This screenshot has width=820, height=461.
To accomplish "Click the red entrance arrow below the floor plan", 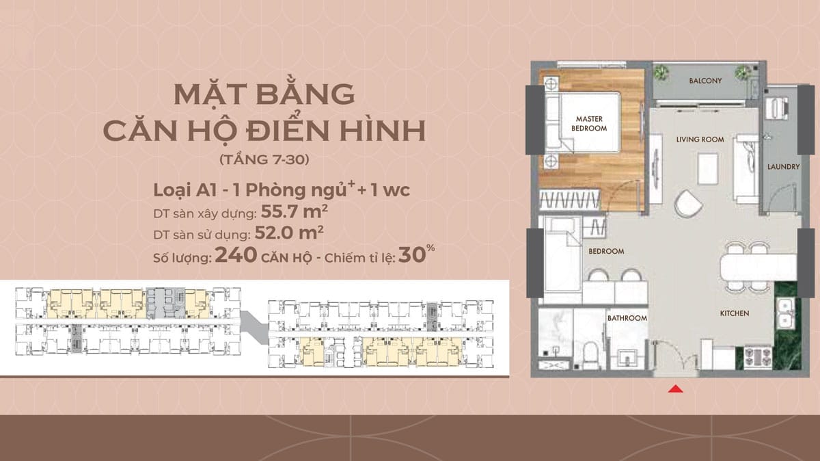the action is click(x=675, y=388).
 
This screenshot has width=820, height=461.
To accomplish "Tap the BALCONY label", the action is click(x=705, y=81).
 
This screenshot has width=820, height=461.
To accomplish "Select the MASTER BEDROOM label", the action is click(x=589, y=124).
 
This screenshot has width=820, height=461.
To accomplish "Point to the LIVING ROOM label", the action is click(x=700, y=140).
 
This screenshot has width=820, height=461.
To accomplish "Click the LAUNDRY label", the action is click(x=783, y=167).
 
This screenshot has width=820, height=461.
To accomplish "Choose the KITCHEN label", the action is click(x=735, y=313).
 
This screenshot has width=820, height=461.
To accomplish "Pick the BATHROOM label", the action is click(x=627, y=318).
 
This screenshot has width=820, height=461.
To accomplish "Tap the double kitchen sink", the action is click(x=785, y=313).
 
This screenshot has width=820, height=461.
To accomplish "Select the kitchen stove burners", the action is click(x=758, y=357).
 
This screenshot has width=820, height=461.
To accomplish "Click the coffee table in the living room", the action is click(x=708, y=168).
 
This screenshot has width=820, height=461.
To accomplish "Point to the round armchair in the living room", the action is click(x=687, y=204).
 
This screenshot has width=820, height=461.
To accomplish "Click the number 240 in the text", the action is click(x=236, y=255).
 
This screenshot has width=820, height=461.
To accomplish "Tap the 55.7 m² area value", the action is click(x=295, y=211).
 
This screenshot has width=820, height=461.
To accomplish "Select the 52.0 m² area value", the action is click(x=289, y=233).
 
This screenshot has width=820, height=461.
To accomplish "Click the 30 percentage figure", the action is click(x=412, y=255).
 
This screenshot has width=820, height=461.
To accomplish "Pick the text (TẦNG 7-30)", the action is click(x=264, y=160).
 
